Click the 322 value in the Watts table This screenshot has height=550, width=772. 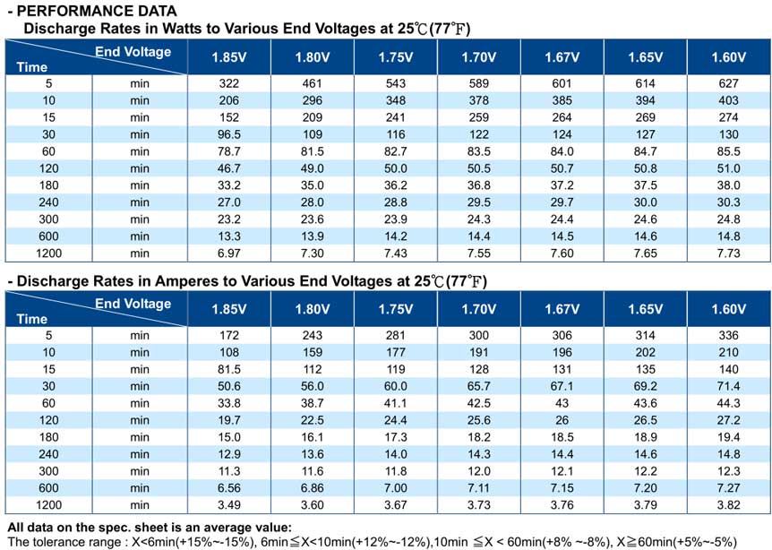click(229, 83)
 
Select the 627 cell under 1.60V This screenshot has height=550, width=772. click(728, 83)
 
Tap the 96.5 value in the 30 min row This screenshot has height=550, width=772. click(229, 134)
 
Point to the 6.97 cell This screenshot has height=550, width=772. click(229, 254)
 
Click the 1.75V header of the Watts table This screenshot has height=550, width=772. click(395, 57)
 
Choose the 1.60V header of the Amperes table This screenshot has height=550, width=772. click(728, 309)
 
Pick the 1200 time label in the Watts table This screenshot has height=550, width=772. click(48, 254)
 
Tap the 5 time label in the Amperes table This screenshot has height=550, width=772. click(48, 335)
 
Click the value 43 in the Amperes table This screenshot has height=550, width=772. click(562, 403)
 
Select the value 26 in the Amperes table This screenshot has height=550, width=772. click(562, 420)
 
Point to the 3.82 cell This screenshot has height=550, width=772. click(728, 504)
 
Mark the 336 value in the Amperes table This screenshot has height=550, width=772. click(728, 335)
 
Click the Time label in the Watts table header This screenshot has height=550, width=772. click(32, 67)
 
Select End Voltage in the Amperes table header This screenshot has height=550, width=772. click(133, 304)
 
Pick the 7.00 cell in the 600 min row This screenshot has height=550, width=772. click(395, 488)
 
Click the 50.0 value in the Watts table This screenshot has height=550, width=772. click(395, 168)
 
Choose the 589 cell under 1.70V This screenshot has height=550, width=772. click(478, 83)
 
